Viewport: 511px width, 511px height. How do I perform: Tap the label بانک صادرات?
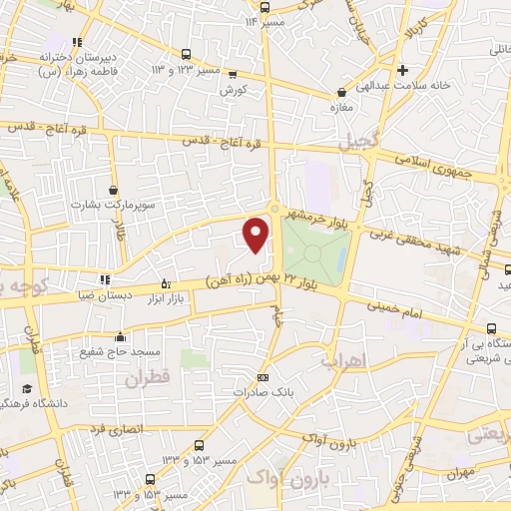(x=262, y=392)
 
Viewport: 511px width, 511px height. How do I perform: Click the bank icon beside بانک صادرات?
(x=262, y=377)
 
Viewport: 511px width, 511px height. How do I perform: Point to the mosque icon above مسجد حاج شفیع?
(x=121, y=336)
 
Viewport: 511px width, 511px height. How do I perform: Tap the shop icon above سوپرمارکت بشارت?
(x=113, y=190)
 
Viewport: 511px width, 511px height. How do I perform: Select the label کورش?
(x=235, y=88)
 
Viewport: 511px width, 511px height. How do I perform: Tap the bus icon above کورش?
(x=234, y=73)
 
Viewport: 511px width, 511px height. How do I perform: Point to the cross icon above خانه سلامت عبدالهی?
(x=402, y=70)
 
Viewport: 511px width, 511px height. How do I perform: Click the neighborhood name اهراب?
(x=345, y=359)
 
